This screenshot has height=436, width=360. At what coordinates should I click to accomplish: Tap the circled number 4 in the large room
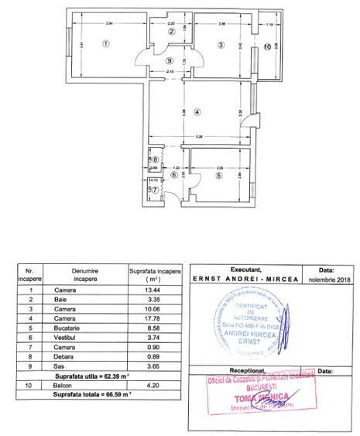coord(197,112)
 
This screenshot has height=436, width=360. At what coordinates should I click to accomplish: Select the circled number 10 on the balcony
coord(267,47)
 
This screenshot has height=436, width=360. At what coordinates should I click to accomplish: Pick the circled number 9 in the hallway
coord(170,60)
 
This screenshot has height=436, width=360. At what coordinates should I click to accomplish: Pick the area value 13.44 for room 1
coord(153,290)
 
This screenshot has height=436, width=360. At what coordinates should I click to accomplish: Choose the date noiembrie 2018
coord(326,279)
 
